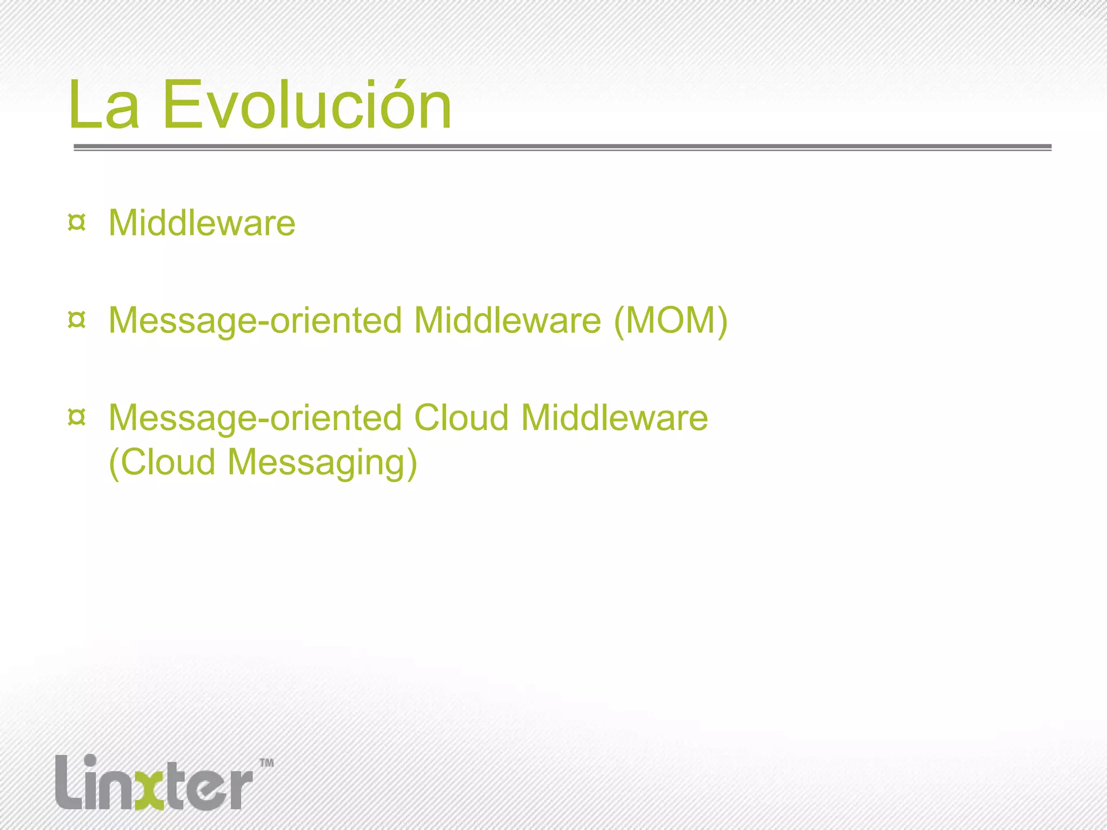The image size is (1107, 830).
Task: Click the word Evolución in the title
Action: [x=306, y=105]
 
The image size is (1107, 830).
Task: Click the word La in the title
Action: [x=104, y=105]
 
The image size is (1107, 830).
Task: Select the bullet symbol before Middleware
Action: [x=77, y=223]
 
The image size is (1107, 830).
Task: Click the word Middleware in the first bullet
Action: [x=202, y=223]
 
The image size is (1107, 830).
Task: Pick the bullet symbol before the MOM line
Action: [x=77, y=320]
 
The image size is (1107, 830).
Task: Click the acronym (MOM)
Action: [x=670, y=320]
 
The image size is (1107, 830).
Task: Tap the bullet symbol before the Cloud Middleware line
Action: [x=77, y=417]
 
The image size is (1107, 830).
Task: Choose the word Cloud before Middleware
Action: [x=461, y=418]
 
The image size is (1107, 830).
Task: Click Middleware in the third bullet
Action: [x=614, y=418]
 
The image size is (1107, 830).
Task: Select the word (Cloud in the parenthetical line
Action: [x=162, y=462]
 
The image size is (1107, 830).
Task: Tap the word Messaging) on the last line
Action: [x=322, y=463]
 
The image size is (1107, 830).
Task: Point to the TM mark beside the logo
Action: [x=266, y=763]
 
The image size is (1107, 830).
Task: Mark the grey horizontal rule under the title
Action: [x=562, y=147]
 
